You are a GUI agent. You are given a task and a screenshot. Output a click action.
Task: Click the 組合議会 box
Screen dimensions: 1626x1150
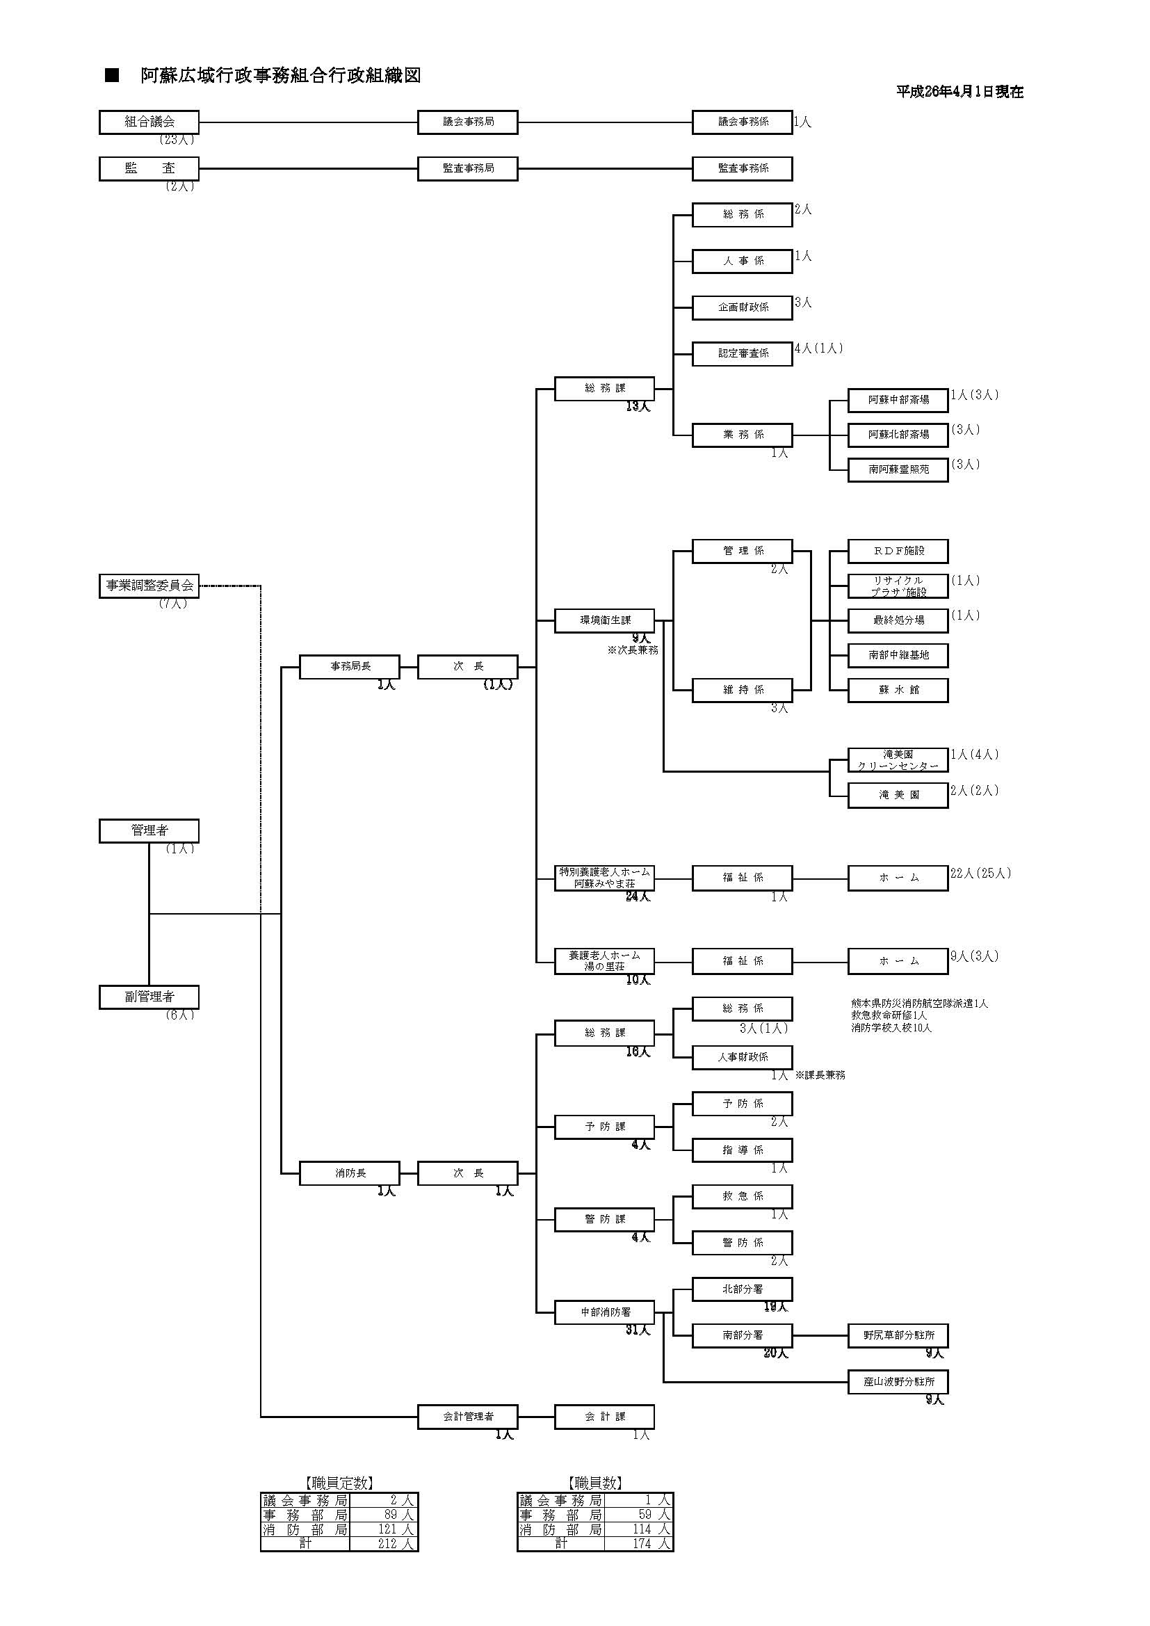click(149, 122)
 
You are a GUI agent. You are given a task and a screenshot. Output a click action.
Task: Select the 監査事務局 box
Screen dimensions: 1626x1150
click(467, 168)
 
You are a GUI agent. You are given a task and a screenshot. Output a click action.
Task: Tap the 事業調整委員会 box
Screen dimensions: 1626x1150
click(149, 586)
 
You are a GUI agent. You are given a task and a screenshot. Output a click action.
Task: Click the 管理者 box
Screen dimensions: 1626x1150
click(149, 830)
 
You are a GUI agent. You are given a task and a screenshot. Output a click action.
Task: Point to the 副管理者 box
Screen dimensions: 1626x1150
click(149, 997)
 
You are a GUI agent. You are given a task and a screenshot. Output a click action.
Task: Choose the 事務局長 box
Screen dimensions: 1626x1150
click(350, 666)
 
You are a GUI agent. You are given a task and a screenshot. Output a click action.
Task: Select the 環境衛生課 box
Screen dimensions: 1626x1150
click(604, 620)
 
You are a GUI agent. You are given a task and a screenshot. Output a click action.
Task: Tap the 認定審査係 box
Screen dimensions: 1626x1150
click(742, 353)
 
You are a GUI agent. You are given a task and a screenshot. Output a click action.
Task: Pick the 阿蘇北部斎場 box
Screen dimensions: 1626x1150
click(898, 435)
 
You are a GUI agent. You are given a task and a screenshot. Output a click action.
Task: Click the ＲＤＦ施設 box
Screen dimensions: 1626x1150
click(898, 550)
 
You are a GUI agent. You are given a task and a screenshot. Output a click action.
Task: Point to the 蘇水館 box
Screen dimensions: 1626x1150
click(898, 690)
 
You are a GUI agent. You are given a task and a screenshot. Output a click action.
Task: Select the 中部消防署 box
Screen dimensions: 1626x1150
click(604, 1312)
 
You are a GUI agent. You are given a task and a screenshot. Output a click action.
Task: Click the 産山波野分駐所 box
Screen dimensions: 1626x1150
click(898, 1382)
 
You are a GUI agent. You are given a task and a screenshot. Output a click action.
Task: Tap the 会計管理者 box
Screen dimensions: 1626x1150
click(467, 1417)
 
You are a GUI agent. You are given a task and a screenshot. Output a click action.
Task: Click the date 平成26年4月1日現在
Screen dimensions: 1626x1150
click(959, 92)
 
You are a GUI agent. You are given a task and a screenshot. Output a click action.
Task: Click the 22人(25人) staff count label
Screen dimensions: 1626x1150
click(981, 874)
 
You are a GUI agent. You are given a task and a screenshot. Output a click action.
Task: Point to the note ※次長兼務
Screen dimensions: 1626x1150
click(632, 650)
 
